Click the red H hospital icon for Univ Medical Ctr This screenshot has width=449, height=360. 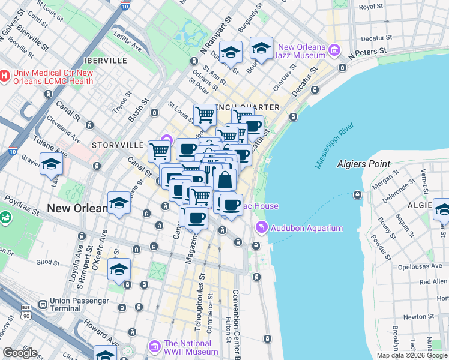click(x=5, y=76)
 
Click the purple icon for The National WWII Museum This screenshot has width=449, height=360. click(x=155, y=347)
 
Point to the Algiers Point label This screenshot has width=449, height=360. click(x=363, y=164)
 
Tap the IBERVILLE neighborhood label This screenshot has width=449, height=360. click(x=106, y=61)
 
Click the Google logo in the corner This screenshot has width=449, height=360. click(x=20, y=353)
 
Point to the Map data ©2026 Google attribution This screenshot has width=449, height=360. click(x=411, y=355)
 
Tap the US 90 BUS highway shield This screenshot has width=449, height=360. click(x=26, y=311)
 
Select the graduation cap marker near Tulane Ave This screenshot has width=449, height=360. click(x=51, y=163)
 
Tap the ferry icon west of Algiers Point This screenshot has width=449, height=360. click(x=358, y=194)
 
